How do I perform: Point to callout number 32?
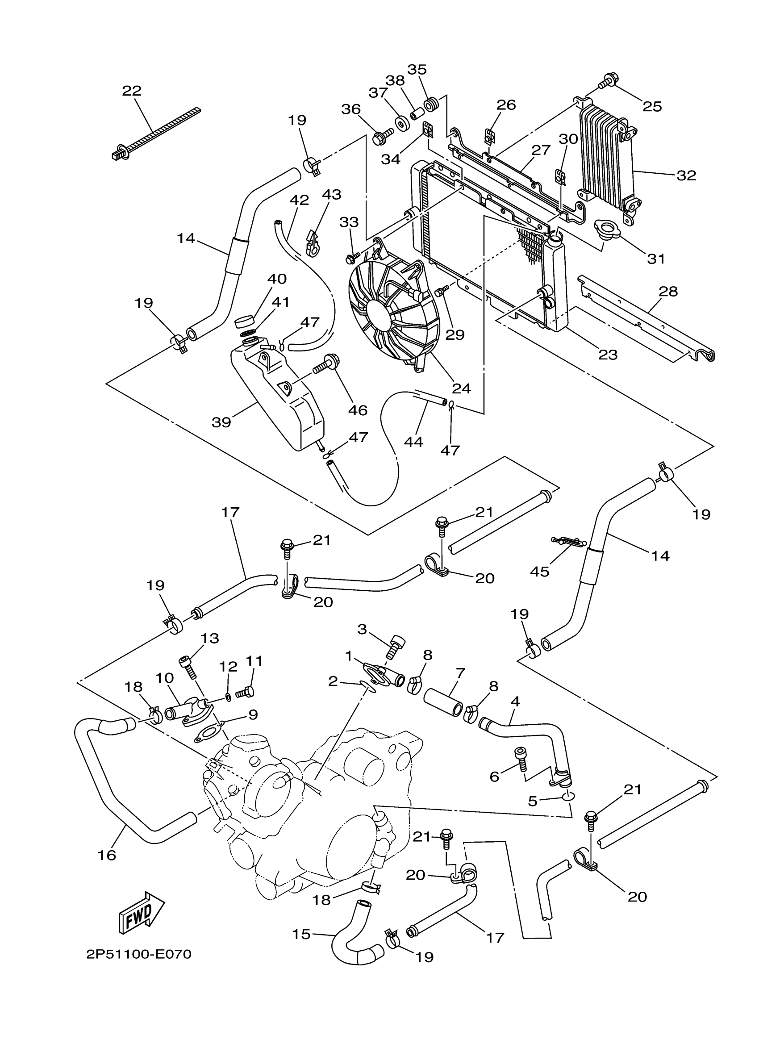pyautogui.click(x=686, y=175)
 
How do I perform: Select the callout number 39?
pyautogui.click(x=221, y=422)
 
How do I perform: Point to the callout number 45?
pyautogui.click(x=540, y=572)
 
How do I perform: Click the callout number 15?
pyautogui.click(x=301, y=934)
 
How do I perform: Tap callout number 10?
pyautogui.click(x=164, y=678)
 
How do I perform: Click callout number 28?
pyautogui.click(x=668, y=292)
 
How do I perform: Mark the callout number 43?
pyautogui.click(x=331, y=195)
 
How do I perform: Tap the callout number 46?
pyautogui.click(x=358, y=410)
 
